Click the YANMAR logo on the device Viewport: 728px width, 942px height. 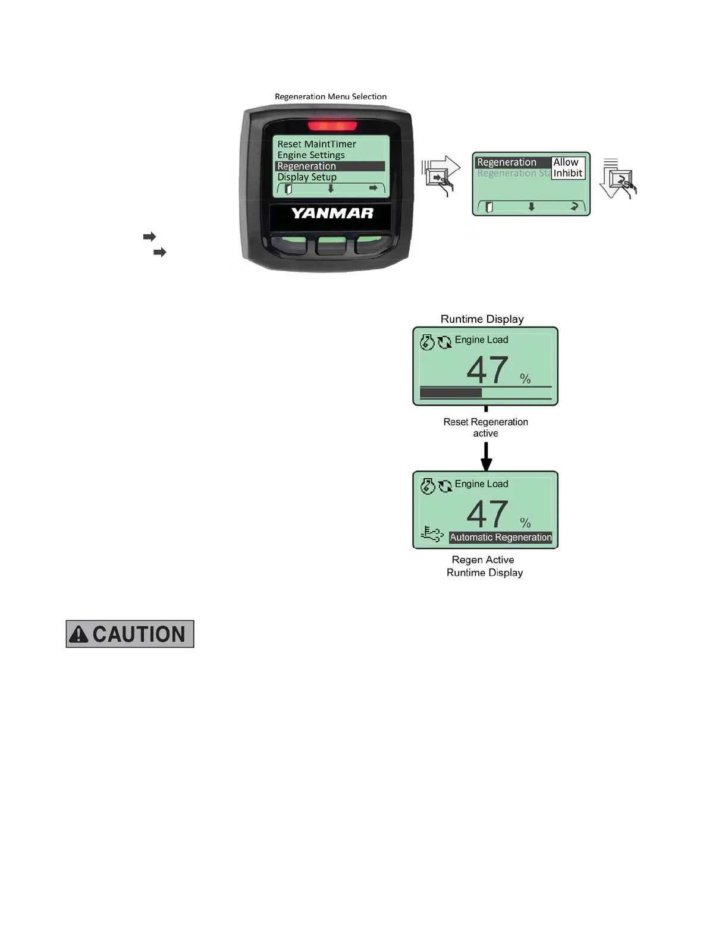pyautogui.click(x=332, y=213)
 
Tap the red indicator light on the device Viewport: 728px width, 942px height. pyautogui.click(x=332, y=125)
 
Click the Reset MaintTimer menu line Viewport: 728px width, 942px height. pyautogui.click(x=316, y=144)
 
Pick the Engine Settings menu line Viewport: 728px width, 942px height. pyautogui.click(x=310, y=155)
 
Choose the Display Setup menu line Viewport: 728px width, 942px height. pyautogui.click(x=307, y=177)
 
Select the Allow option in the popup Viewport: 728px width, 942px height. pyautogui.click(x=566, y=162)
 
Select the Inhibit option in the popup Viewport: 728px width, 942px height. pyautogui.click(x=568, y=173)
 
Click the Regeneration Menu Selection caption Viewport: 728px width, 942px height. pyautogui.click(x=331, y=96)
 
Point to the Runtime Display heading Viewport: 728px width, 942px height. pyautogui.click(x=482, y=319)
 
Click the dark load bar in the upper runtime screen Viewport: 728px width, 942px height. pyautogui.click(x=450, y=392)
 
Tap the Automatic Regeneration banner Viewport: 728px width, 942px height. pyautogui.click(x=500, y=537)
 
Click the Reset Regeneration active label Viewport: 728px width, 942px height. pyautogui.click(x=485, y=428)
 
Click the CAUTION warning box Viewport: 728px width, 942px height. pyautogui.click(x=130, y=634)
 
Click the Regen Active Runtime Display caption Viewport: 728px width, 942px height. pyautogui.click(x=484, y=566)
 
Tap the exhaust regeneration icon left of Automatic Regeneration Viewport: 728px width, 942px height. pyautogui.click(x=432, y=533)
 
